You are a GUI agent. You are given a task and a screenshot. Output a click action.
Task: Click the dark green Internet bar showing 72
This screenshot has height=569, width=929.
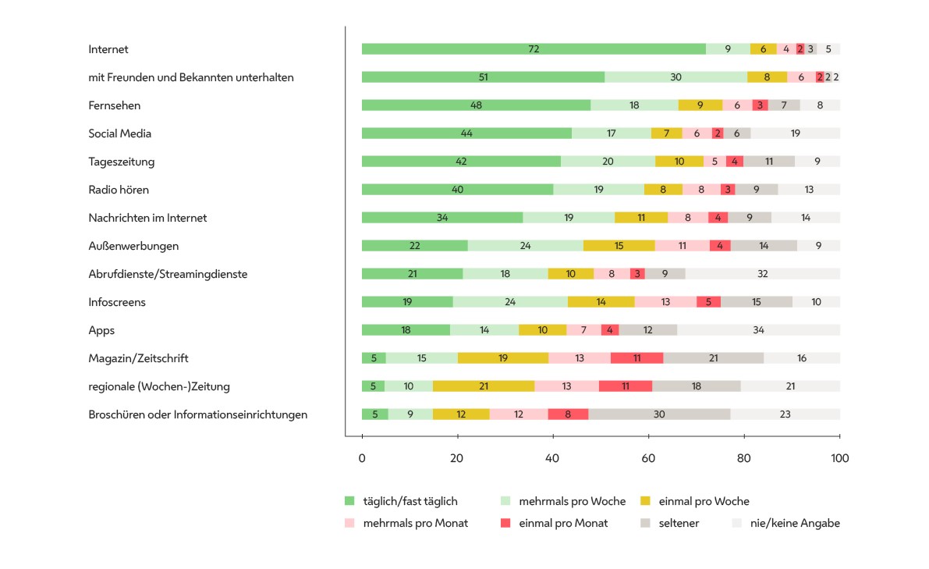click(534, 49)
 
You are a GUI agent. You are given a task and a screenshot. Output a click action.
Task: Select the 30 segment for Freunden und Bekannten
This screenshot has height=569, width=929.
click(675, 77)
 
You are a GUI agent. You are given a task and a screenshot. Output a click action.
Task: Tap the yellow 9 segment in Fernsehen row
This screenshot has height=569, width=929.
click(700, 105)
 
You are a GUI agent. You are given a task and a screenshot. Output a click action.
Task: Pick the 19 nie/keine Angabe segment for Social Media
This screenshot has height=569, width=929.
click(795, 133)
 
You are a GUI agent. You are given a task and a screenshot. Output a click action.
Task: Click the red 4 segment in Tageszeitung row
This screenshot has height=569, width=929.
click(734, 162)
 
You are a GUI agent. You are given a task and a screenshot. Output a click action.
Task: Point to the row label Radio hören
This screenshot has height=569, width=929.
click(119, 190)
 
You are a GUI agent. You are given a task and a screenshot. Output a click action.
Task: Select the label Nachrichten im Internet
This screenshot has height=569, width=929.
click(147, 218)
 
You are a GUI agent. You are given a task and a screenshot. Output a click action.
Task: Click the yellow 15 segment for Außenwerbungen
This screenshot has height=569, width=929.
click(619, 246)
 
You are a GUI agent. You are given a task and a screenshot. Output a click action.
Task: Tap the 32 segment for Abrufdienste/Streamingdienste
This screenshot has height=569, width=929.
click(763, 274)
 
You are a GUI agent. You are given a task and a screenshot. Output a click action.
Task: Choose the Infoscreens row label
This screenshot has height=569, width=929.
click(117, 302)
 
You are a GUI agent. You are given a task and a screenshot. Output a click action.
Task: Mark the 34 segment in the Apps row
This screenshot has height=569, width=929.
click(758, 330)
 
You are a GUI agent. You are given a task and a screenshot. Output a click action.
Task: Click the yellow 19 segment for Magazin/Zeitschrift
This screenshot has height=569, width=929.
click(503, 358)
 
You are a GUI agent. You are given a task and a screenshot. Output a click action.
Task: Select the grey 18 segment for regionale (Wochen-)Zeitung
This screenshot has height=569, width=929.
click(696, 386)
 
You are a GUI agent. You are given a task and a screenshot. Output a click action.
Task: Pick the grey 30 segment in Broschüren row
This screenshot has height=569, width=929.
click(659, 414)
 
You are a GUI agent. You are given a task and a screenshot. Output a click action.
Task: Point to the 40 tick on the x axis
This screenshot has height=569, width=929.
click(553, 458)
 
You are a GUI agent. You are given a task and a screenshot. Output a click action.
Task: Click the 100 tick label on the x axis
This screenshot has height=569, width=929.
click(839, 458)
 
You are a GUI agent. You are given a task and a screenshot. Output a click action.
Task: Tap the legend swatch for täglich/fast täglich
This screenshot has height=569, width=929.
click(349, 501)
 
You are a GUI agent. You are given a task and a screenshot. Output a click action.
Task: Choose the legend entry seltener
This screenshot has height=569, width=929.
click(677, 523)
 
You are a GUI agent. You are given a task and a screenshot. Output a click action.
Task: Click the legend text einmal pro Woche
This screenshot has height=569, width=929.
click(704, 501)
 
